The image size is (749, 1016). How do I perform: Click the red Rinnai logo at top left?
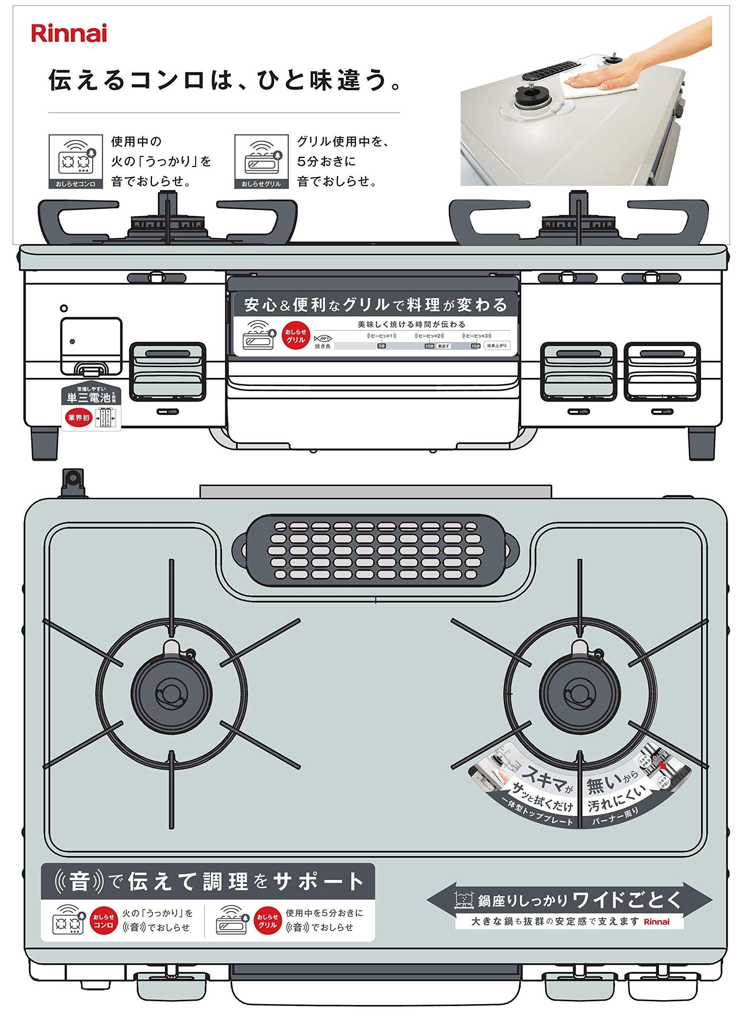point(69,34)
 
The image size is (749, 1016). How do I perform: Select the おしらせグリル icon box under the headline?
point(261,161)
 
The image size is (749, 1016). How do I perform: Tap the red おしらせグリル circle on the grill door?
point(296,336)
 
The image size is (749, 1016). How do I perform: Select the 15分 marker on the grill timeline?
point(475,346)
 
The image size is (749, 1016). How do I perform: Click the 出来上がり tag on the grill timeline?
point(496,346)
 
